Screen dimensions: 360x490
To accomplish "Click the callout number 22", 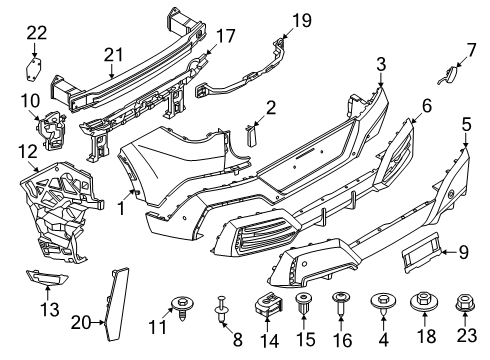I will point(36,33).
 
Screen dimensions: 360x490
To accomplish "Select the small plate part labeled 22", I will point(33,69).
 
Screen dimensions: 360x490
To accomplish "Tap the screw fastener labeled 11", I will point(183,304).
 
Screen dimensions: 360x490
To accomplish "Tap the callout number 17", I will point(225,36).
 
